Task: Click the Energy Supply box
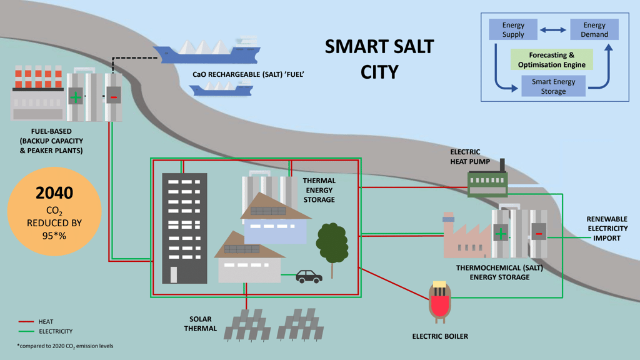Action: [x=513, y=29]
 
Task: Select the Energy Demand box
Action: [x=594, y=29]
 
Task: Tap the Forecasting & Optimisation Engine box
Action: [x=551, y=59]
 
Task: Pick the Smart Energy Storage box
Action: [x=554, y=86]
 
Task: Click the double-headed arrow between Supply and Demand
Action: [x=553, y=30]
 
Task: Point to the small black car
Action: [x=309, y=276]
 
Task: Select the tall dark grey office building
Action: [x=184, y=228]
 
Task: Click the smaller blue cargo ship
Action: [x=221, y=88]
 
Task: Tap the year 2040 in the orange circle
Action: [x=54, y=192]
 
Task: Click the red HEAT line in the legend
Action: [x=26, y=322]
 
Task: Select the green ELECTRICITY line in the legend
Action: [x=26, y=331]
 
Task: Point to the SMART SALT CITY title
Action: [x=379, y=59]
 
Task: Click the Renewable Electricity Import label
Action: [x=607, y=229]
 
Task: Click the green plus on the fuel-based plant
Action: [x=76, y=97]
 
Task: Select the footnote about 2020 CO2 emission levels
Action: [x=65, y=346]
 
